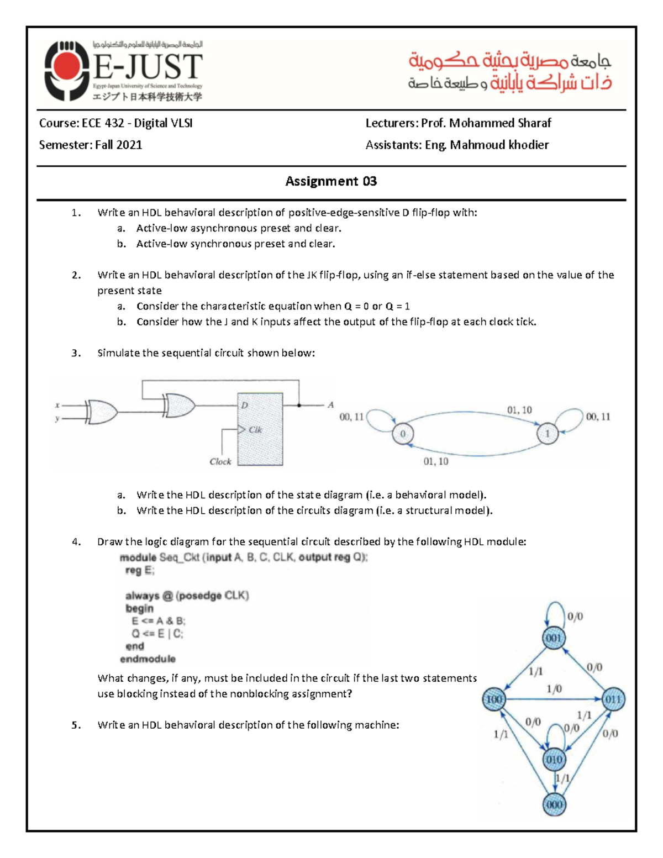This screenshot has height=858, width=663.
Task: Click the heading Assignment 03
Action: tap(331, 181)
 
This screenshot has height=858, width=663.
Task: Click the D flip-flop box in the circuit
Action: tap(260, 429)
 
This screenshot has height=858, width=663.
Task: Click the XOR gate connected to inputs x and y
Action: tap(102, 412)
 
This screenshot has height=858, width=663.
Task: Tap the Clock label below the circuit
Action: tap(220, 462)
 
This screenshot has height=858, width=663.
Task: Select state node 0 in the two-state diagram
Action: tap(403, 434)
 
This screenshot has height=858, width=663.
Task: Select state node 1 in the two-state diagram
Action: tap(547, 434)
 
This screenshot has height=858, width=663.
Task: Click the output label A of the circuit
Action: tap(330, 405)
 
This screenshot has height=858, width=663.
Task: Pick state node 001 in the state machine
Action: tap(554, 639)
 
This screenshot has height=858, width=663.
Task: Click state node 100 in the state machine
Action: tap(493, 699)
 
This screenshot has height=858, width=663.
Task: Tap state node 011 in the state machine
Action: tap(613, 699)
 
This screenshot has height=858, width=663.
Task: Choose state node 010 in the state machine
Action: tap(554, 760)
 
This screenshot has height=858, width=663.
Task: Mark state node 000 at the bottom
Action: tap(554, 804)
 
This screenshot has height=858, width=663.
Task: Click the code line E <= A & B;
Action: tap(159, 621)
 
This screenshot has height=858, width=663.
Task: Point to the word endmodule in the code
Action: tap(148, 659)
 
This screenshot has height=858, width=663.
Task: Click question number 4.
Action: tap(76, 542)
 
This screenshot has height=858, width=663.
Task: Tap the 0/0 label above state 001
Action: tap(575, 617)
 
